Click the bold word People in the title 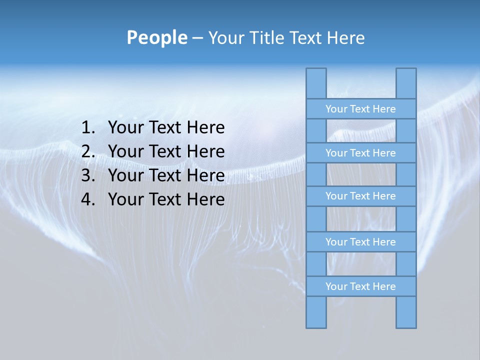coord(156,37)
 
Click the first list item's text coord(166,128)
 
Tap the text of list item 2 coord(166,151)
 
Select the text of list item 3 coord(166,175)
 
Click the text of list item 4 coord(166,199)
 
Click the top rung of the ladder coord(360,109)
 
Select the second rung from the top coord(360,153)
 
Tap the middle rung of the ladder coord(360,196)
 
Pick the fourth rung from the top coord(360,242)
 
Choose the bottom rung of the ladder coord(360,286)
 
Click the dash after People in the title coord(197,38)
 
